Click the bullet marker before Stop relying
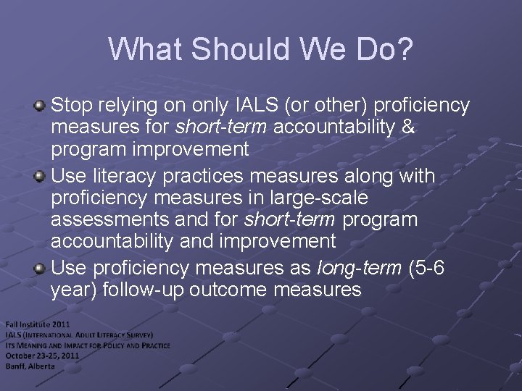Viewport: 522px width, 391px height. coord(41,106)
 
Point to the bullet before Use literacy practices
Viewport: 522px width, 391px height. coord(41,176)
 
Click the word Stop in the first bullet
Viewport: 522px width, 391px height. coord(72,106)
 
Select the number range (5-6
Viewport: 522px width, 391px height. coord(427,269)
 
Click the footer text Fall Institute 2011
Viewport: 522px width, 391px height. coord(37,324)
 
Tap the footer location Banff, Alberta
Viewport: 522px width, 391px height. coord(30,366)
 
